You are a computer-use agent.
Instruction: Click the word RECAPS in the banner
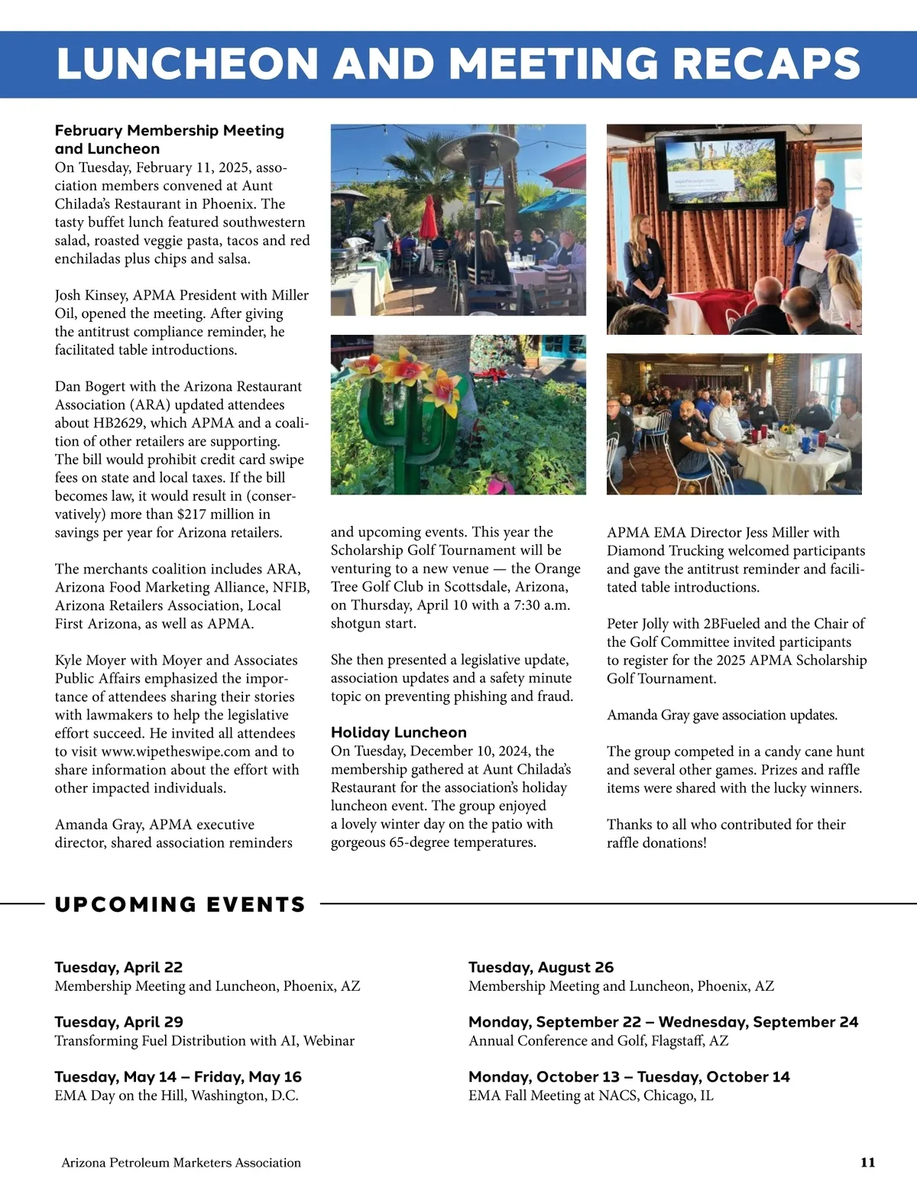point(766,63)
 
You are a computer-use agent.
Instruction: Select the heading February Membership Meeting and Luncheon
point(169,140)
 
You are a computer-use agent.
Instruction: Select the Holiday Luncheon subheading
point(398,732)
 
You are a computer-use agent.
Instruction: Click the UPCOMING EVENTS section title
point(180,904)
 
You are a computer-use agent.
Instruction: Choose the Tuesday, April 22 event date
point(118,967)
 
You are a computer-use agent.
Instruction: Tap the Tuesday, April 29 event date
point(118,1022)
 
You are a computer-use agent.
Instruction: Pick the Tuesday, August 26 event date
point(541,967)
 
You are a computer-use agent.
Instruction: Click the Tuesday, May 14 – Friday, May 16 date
point(178,1077)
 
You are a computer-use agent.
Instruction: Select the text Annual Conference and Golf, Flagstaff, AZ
point(598,1040)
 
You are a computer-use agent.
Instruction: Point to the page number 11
point(867,1163)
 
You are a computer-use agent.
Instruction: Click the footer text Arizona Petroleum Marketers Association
point(181,1163)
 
